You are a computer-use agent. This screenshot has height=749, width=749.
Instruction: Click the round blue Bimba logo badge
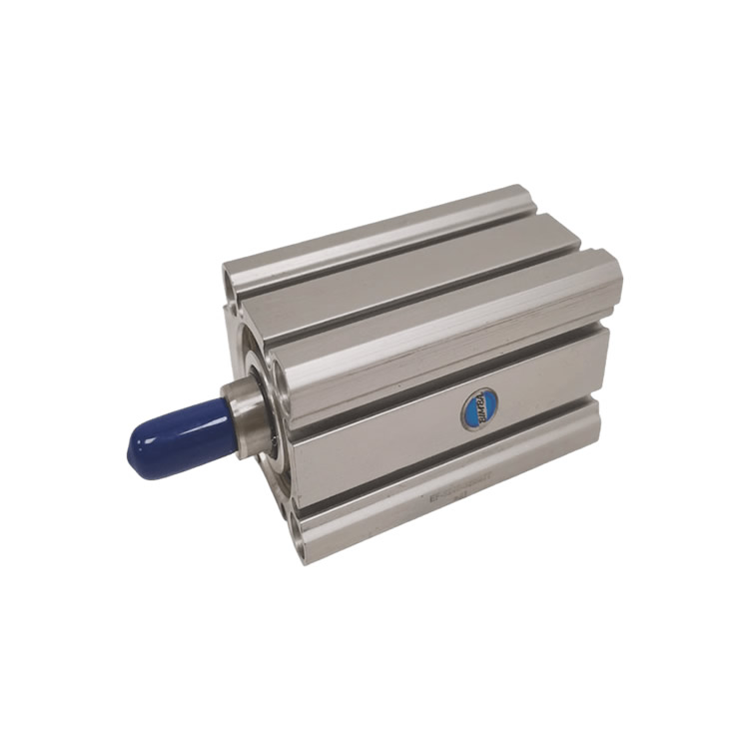click(x=479, y=408)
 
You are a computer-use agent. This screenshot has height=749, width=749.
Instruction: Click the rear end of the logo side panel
click(x=599, y=365)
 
